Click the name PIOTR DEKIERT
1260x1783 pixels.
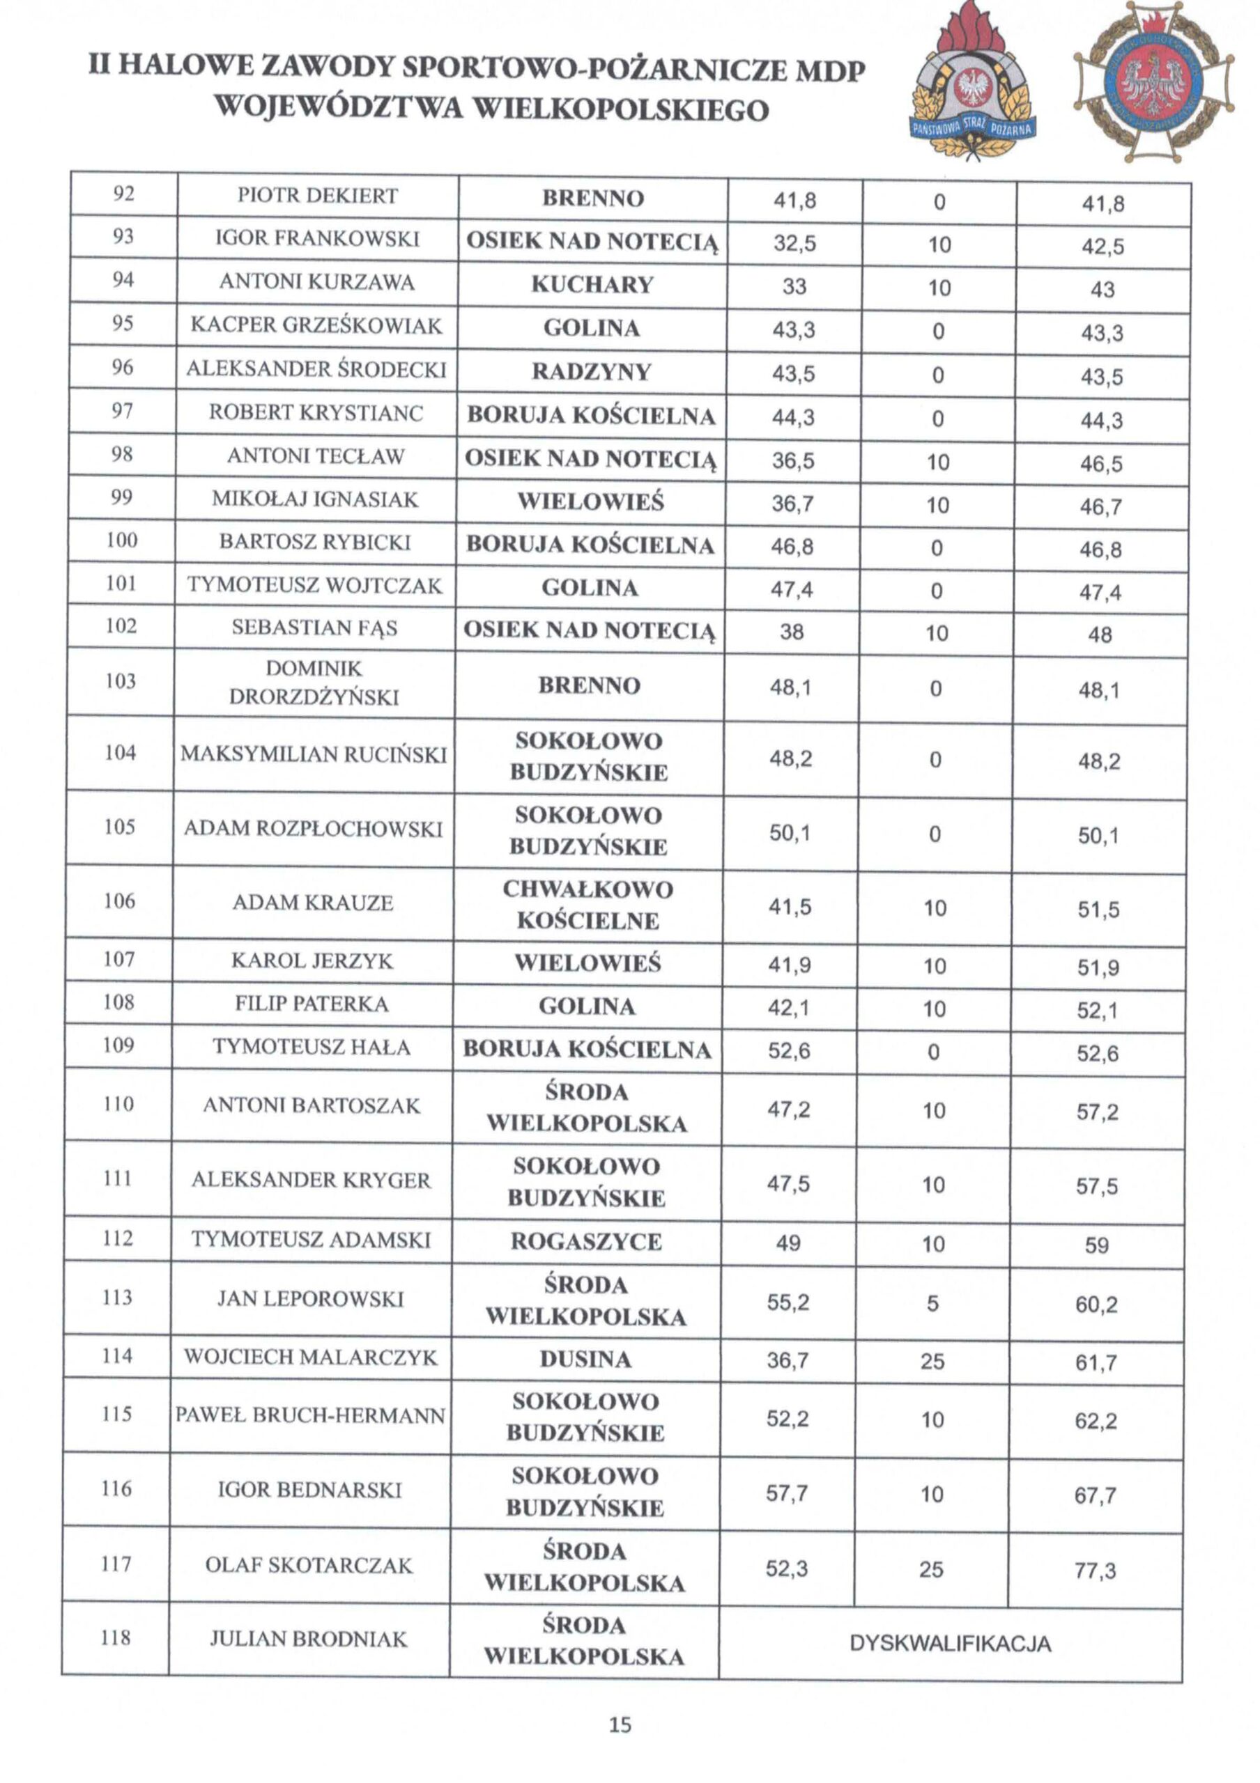(317, 196)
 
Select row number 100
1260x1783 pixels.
(122, 540)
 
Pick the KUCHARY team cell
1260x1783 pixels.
(592, 284)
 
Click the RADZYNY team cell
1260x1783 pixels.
(591, 372)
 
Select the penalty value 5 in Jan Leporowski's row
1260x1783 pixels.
(933, 1303)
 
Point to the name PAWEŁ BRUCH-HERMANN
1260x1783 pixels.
(311, 1415)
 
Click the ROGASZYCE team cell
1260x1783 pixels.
(587, 1241)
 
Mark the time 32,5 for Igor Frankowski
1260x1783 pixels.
(794, 244)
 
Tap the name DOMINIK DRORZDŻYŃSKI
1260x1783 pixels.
(314, 682)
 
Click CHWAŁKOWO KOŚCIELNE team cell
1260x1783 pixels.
(588, 904)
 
